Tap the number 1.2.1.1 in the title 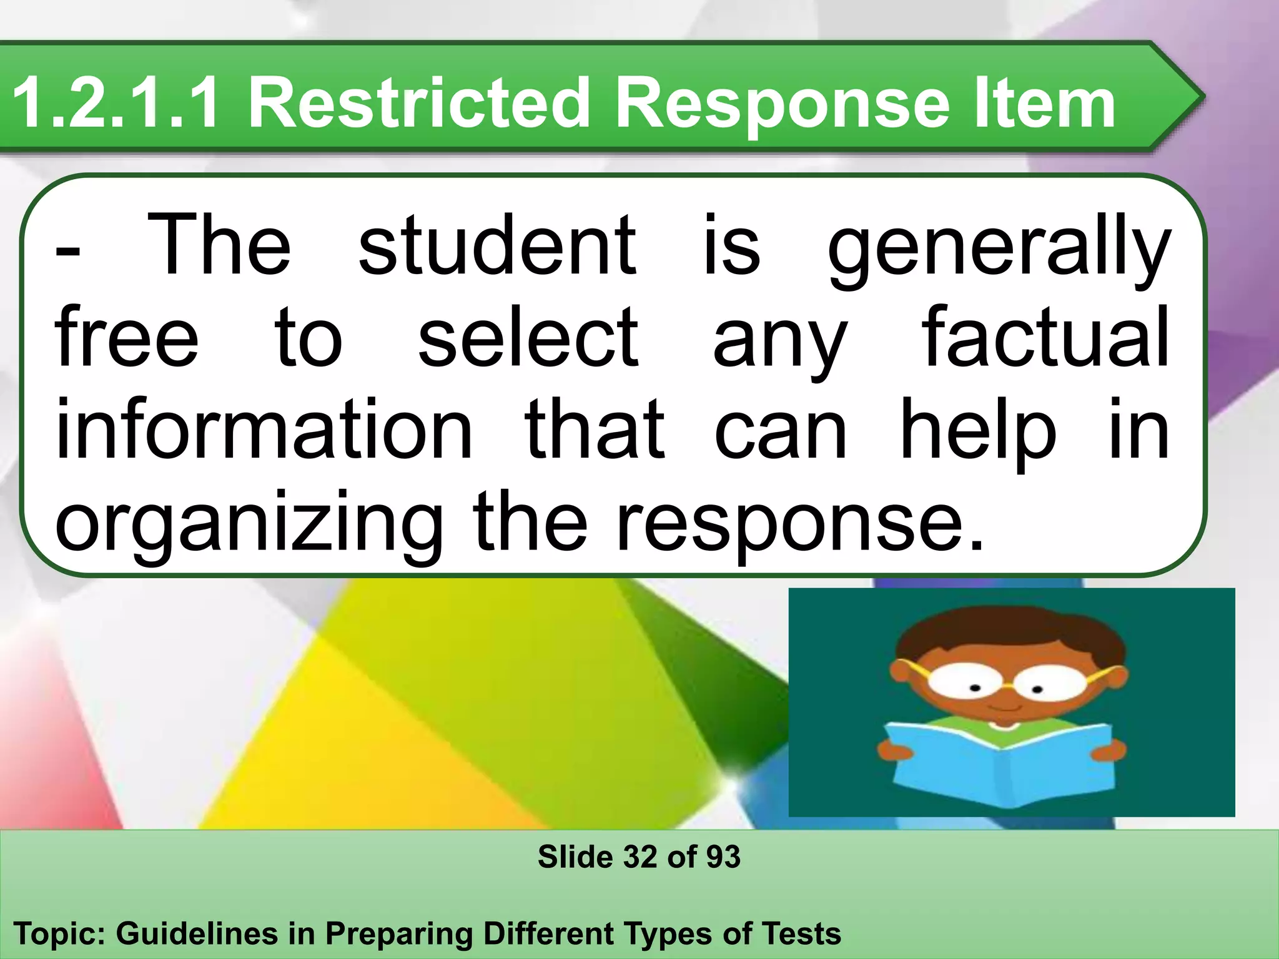pyautogui.click(x=116, y=102)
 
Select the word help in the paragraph pyautogui.click(x=977, y=431)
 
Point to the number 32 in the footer pyautogui.click(x=639, y=857)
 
